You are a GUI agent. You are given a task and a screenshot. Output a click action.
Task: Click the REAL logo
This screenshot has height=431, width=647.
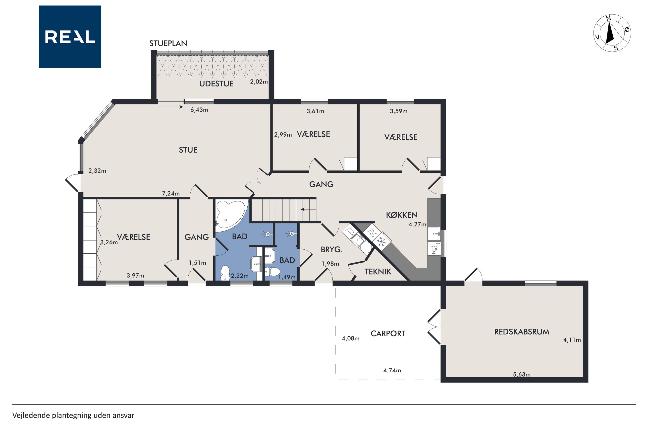pos(70,37)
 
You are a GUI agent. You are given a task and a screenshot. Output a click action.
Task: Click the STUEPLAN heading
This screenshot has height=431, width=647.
pos(168,43)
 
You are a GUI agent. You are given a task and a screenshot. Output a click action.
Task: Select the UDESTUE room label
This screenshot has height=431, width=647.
pos(216,84)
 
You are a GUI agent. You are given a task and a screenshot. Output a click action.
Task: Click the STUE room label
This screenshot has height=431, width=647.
pos(188,150)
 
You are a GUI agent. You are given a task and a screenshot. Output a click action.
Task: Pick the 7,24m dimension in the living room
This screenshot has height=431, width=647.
pos(171,194)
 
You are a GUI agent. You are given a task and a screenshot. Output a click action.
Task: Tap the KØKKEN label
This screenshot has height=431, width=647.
pos(402,215)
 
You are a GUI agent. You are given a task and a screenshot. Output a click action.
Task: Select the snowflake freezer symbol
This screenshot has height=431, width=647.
pos(381,242)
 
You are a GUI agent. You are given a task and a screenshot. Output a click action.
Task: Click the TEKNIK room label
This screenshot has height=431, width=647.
pos(378,272)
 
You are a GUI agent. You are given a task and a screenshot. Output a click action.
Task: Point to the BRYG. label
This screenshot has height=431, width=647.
pos(331,250)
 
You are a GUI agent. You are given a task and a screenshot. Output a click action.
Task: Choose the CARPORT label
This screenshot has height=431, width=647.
pos(388,333)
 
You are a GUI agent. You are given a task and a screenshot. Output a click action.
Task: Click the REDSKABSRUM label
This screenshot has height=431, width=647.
pos(522,332)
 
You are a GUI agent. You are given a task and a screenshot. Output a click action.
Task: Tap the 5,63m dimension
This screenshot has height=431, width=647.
pos(522,374)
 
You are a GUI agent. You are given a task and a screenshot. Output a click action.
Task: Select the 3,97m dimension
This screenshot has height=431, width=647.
pos(135,275)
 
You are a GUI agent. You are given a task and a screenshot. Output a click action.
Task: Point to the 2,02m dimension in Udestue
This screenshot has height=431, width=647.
pos(259,82)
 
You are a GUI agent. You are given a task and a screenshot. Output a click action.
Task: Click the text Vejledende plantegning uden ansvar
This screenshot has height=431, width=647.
pos(73,415)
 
